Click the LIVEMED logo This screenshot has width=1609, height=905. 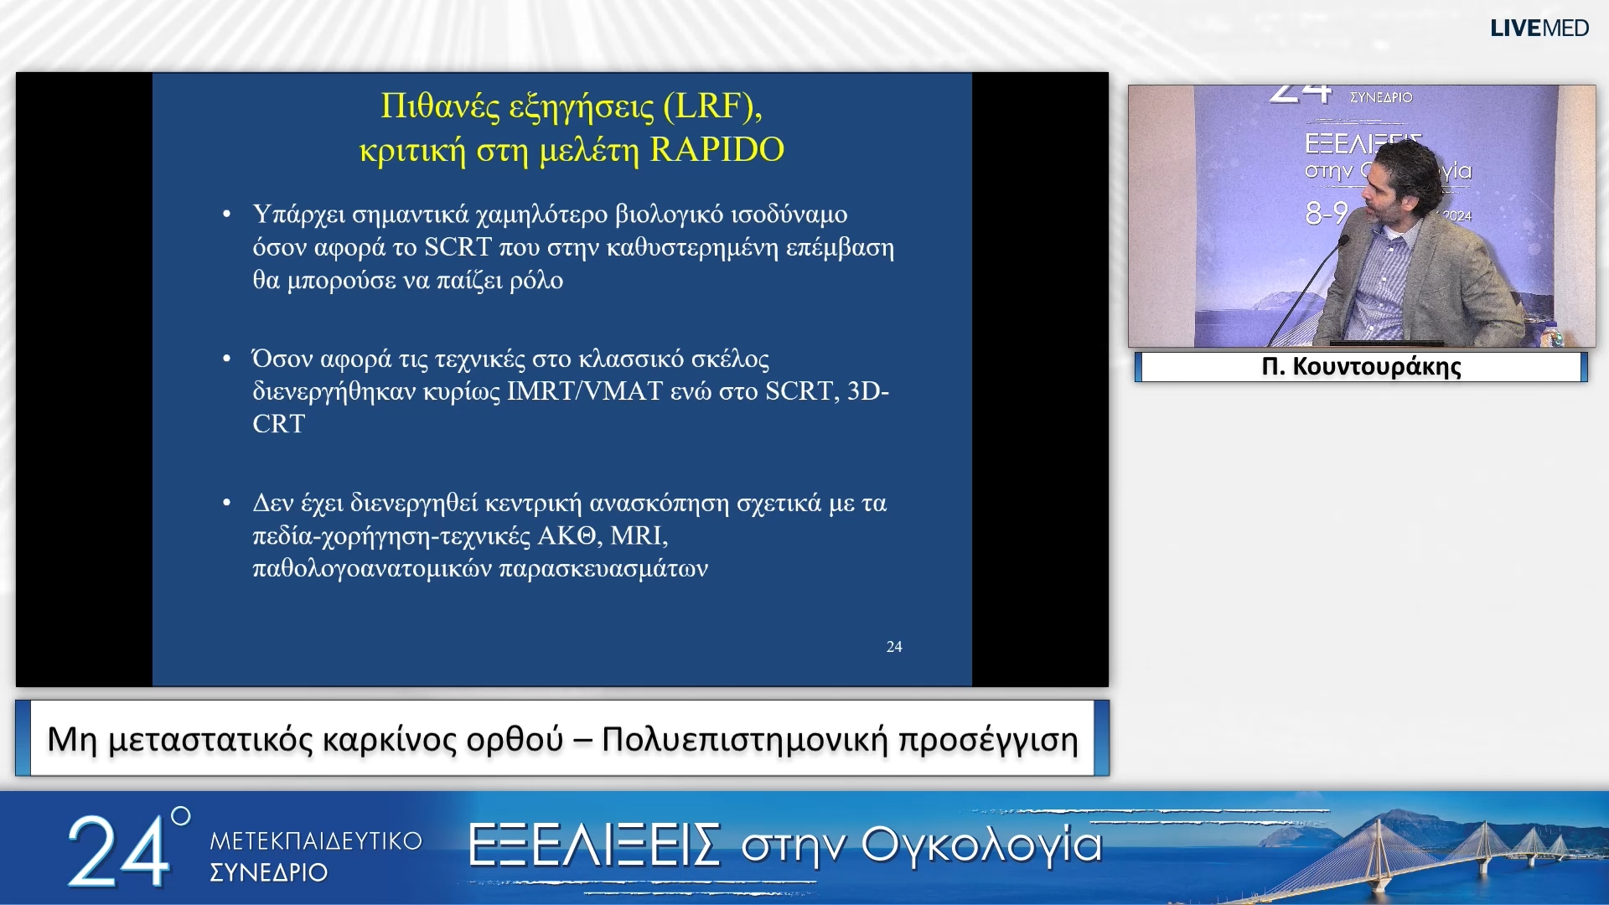[x=1539, y=28]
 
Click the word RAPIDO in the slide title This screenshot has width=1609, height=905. [x=717, y=150]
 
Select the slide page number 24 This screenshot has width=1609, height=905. [x=893, y=647]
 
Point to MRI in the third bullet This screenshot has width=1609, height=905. [x=638, y=535]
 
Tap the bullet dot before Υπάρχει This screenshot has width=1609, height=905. [x=226, y=215]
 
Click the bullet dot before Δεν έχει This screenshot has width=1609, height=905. [x=226, y=504]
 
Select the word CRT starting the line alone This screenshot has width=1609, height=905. [x=278, y=424]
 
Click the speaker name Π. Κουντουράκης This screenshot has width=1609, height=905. [x=1361, y=367]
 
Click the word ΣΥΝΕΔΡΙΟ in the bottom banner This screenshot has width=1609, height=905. [x=268, y=872]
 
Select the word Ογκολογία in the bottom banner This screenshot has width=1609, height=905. [x=980, y=845]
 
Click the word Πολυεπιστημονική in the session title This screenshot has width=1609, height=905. [x=744, y=740]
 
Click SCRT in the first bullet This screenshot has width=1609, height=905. [x=458, y=248]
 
